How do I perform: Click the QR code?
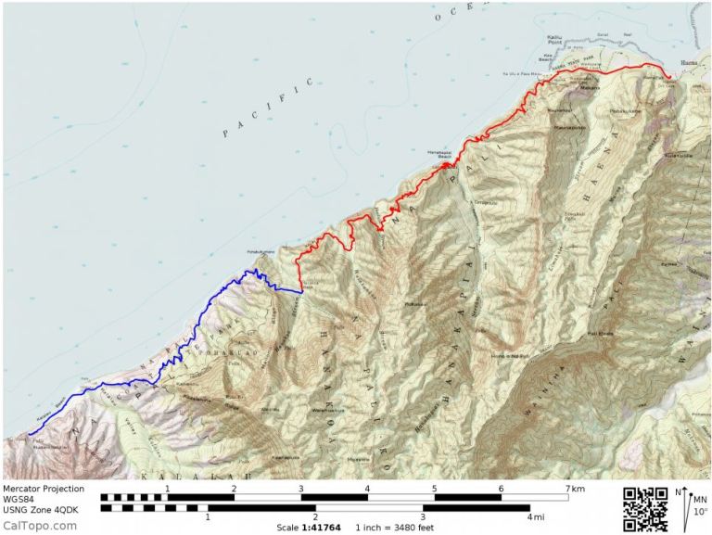644,509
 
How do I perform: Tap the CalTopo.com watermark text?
39,526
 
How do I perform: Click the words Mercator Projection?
43,489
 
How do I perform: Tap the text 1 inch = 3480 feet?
395,528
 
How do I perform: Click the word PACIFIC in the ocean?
269,109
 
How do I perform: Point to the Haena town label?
690,64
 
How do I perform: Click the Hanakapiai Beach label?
438,154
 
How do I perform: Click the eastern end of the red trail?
671,78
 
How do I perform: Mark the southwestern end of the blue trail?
29,433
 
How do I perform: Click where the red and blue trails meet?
302,291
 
